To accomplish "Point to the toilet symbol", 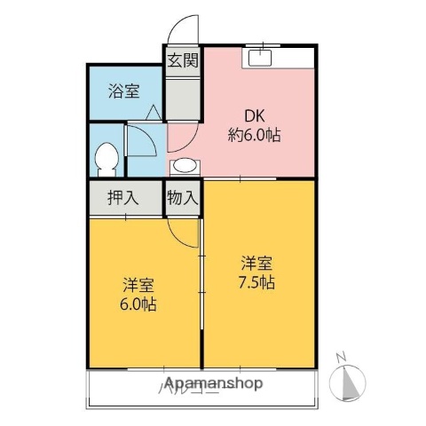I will (x=106, y=159).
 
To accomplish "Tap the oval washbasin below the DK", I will (x=185, y=166).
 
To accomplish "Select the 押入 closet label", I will (x=123, y=198).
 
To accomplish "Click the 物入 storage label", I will (x=183, y=198).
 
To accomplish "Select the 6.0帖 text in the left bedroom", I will (x=140, y=304).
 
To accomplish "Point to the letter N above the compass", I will (x=341, y=358).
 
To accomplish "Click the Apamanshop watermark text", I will (x=211, y=384).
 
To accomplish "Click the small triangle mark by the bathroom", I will (x=153, y=112).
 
